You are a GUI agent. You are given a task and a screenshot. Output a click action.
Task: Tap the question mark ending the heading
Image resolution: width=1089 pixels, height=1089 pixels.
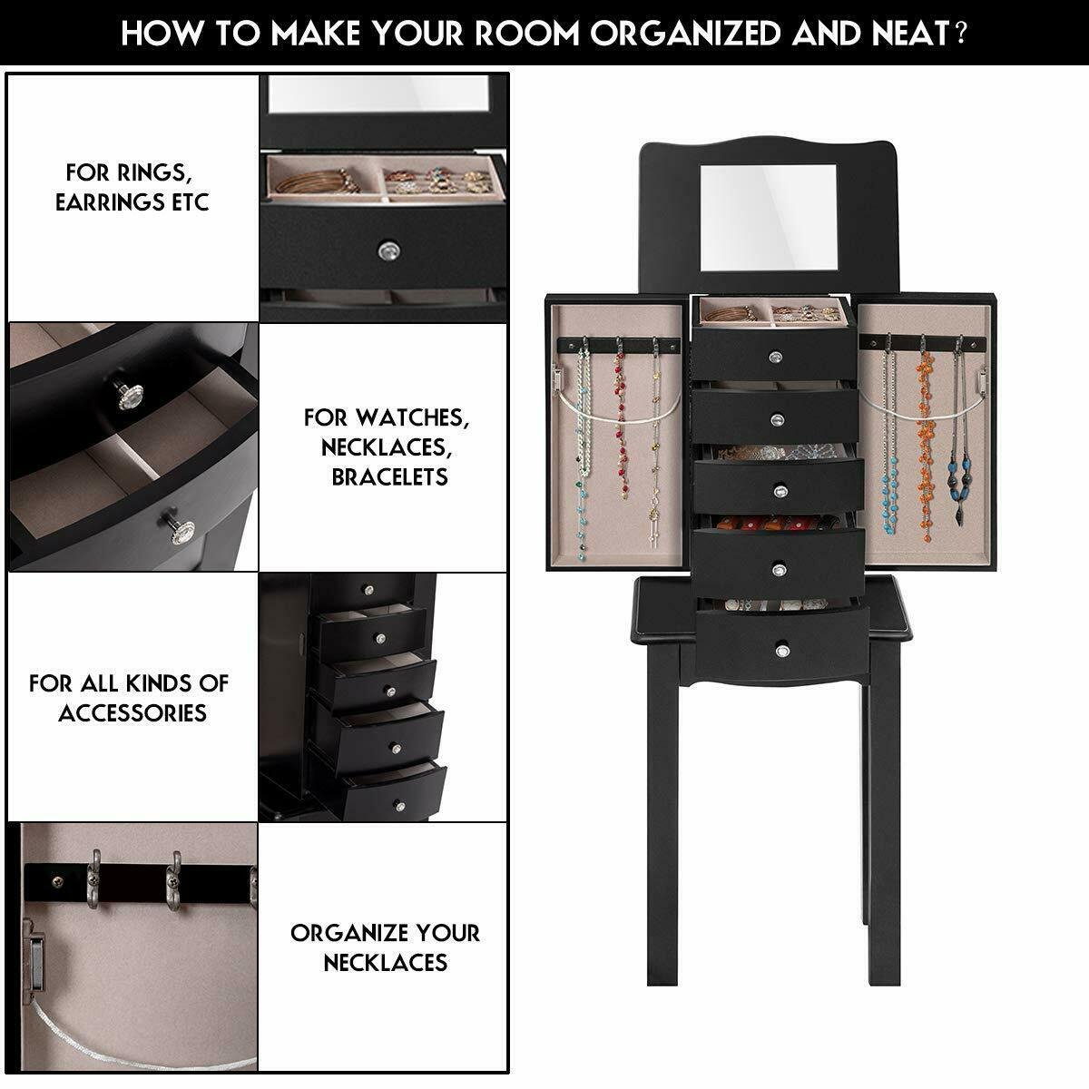959,34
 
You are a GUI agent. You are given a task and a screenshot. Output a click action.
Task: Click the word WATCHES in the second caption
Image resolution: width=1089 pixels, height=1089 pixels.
413,417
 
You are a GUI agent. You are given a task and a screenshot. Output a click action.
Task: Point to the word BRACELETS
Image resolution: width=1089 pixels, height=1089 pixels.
389,476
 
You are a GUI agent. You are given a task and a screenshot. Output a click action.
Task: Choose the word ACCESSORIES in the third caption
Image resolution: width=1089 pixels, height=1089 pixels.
132,712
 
